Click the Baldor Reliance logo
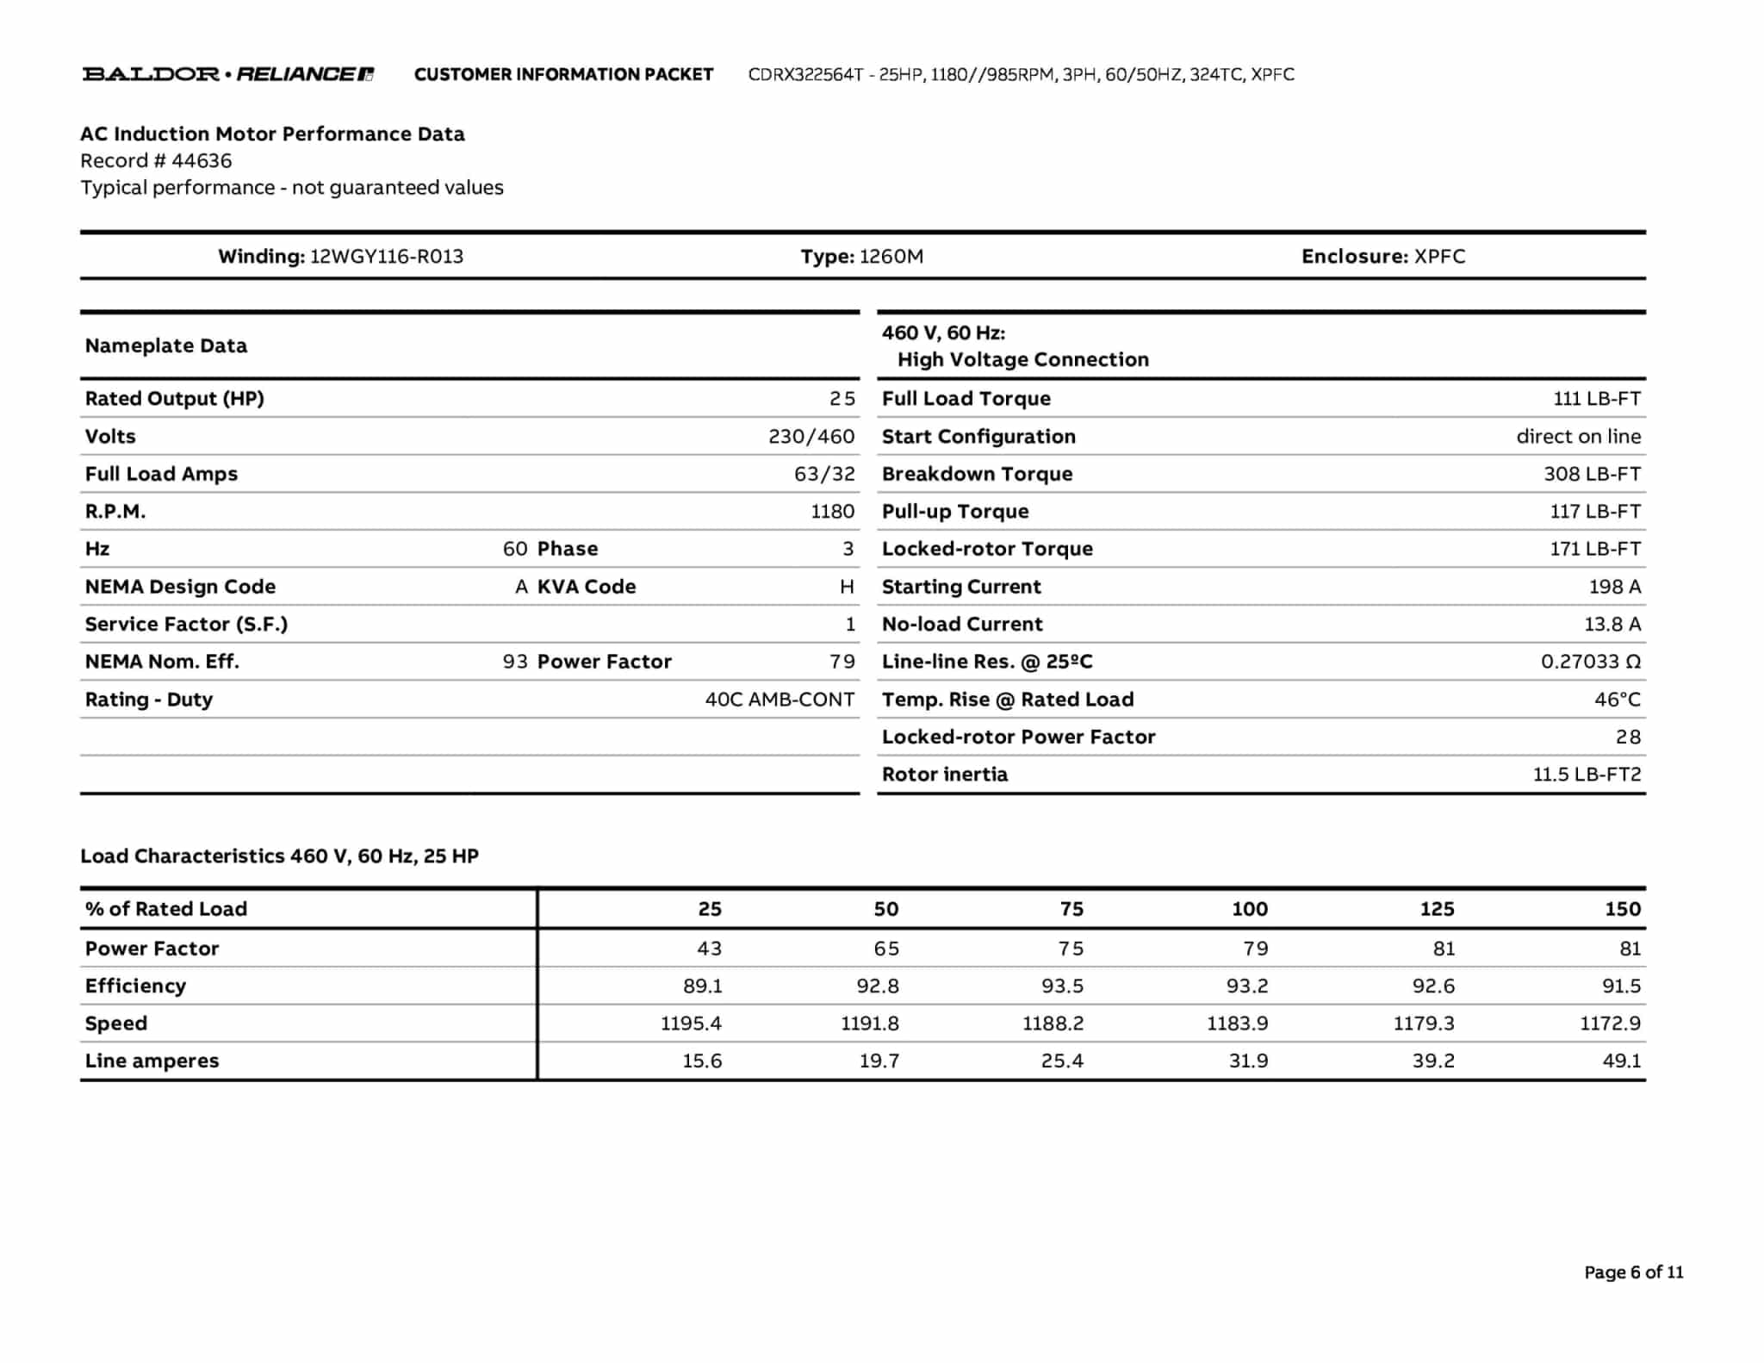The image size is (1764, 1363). click(228, 74)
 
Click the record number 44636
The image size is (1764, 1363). click(202, 161)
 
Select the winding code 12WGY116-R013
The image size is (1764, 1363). click(387, 257)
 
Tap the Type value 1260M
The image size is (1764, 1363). click(891, 257)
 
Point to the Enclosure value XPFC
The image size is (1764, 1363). click(1439, 257)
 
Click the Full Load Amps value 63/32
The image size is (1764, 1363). click(824, 474)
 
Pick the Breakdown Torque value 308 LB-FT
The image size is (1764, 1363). click(1592, 474)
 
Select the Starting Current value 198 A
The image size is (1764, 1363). click(1615, 587)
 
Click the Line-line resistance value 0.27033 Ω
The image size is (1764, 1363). click(1590, 662)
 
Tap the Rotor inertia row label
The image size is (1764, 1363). click(944, 775)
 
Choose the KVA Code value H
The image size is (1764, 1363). click(847, 587)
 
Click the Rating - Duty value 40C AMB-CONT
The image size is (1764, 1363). click(780, 700)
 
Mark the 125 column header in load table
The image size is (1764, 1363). click(1437, 909)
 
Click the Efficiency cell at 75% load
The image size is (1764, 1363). click(1062, 986)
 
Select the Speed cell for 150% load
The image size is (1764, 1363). click(1610, 1024)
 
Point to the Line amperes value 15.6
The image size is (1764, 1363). click(702, 1061)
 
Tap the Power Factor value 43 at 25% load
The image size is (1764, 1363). click(709, 949)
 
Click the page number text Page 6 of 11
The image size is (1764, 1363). click(1633, 1273)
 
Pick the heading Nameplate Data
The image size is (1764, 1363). click(166, 346)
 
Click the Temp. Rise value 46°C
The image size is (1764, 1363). click(1617, 700)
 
